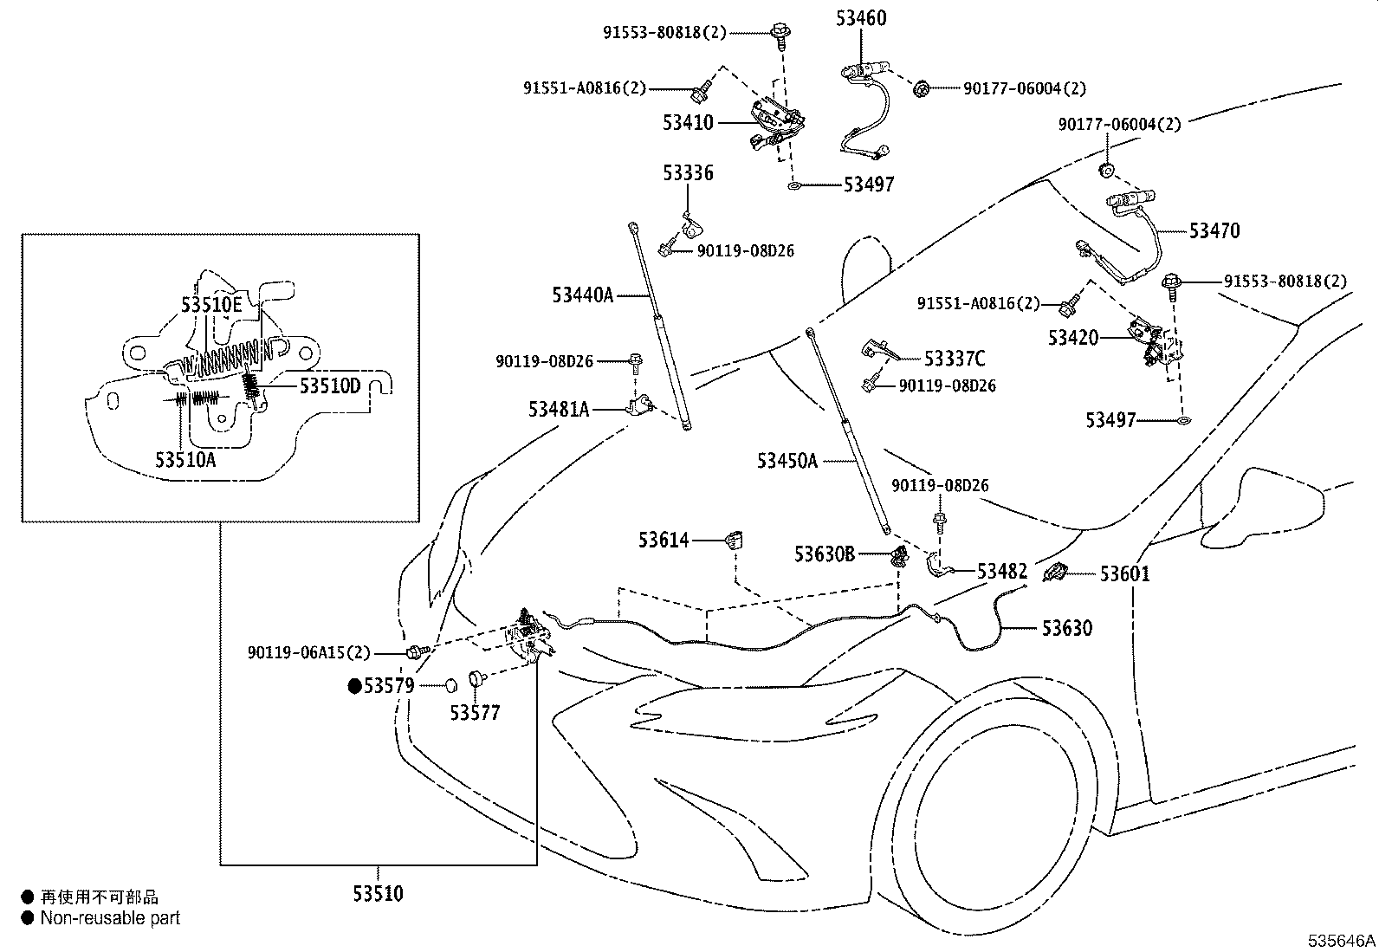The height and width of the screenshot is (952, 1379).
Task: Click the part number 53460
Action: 861,18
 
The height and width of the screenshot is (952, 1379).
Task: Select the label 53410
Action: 688,122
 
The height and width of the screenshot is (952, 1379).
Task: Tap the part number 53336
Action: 688,173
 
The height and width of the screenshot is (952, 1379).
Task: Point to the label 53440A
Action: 582,295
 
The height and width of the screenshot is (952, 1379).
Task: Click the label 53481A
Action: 559,410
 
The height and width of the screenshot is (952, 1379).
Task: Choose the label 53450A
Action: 787,461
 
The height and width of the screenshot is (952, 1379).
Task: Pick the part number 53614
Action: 663,540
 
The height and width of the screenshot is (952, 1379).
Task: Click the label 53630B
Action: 825,554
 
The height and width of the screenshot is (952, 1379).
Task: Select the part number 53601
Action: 1124,574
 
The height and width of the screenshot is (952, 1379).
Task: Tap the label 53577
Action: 475,712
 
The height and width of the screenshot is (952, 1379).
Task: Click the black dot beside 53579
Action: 354,686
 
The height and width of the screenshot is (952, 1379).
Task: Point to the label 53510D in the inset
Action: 330,386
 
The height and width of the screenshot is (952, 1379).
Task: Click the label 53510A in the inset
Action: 185,459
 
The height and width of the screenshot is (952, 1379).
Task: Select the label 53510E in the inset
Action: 211,304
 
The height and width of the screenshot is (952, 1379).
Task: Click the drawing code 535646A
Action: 1341,941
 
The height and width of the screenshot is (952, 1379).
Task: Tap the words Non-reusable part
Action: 110,918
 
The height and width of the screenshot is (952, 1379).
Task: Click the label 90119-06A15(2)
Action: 309,653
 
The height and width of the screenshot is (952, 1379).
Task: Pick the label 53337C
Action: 955,359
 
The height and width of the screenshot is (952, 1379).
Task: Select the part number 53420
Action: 1073,338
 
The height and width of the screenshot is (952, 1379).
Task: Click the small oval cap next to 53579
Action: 451,684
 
